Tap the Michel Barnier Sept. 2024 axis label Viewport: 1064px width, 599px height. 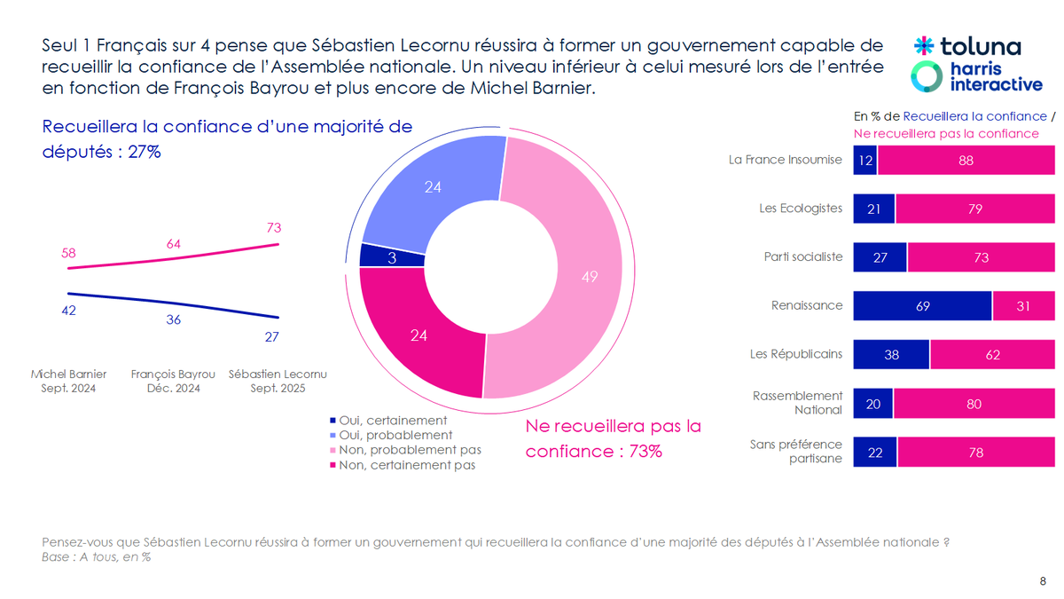coord(68,381)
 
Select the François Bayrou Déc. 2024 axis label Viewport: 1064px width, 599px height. coord(173,381)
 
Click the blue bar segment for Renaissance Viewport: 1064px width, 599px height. coord(922,305)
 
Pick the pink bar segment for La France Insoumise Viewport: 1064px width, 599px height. coord(966,161)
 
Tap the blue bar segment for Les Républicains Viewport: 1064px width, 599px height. coord(891,354)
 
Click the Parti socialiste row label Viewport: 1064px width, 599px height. coord(802,257)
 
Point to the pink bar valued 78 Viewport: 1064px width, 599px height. coord(975,452)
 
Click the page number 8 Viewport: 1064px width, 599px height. coord(1042,580)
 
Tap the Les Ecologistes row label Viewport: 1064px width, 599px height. coord(801,209)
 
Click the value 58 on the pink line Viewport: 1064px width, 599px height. coord(67,253)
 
